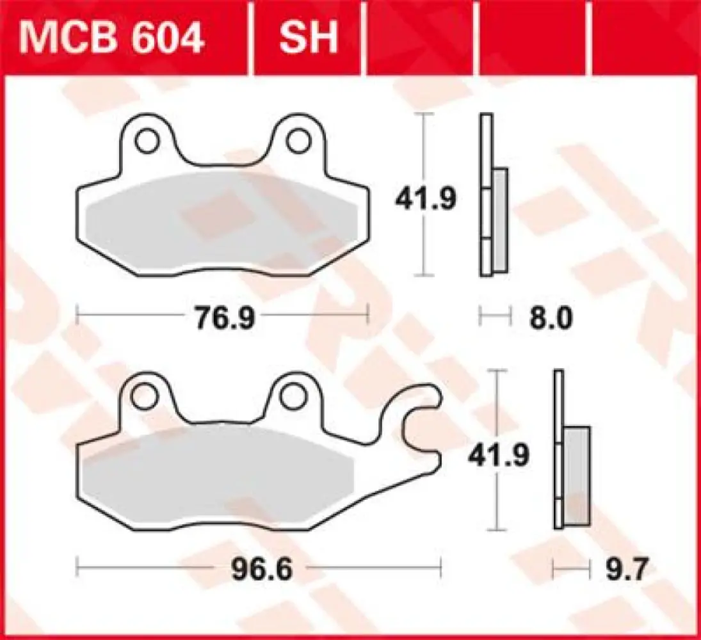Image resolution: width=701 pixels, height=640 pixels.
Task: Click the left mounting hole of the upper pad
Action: click(x=149, y=140)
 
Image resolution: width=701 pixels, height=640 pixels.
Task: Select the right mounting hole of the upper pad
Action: click(x=297, y=140)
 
